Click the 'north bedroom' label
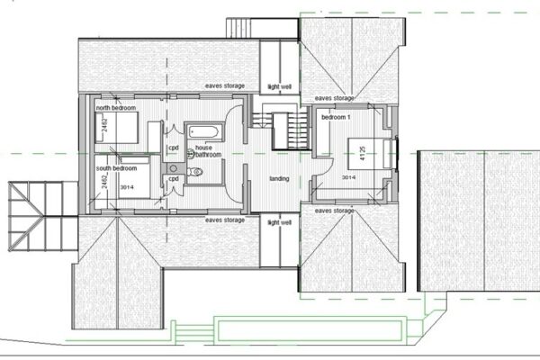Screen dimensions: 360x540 click(116, 108)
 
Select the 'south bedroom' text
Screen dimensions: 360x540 click(117, 167)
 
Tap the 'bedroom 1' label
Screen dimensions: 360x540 click(336, 117)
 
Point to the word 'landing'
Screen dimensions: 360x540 click(279, 177)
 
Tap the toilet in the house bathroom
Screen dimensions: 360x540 click(196, 170)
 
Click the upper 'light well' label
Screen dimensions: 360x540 click(280, 88)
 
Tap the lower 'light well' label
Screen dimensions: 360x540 click(280, 221)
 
